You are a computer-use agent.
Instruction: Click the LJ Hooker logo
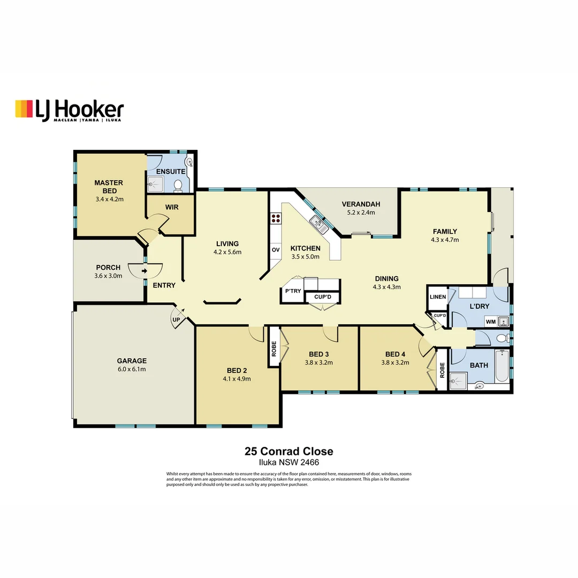69,110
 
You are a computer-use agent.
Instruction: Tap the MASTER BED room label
109,186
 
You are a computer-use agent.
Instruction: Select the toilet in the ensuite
178,185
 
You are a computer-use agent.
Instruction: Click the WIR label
172,208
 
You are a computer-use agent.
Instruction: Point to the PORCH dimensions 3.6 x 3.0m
109,276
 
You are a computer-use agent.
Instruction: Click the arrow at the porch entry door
144,271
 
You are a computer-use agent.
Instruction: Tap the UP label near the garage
176,320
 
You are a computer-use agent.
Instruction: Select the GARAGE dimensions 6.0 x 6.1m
132,369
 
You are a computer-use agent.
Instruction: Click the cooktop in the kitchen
276,218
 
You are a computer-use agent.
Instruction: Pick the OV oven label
276,250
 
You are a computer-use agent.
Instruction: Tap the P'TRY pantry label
293,291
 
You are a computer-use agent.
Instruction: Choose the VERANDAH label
361,204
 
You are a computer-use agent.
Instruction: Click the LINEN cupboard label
437,297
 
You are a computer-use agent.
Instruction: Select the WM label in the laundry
490,322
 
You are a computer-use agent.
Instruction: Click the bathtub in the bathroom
501,367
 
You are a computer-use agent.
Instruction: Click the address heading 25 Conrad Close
288,452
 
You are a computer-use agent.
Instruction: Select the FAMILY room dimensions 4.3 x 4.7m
445,240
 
